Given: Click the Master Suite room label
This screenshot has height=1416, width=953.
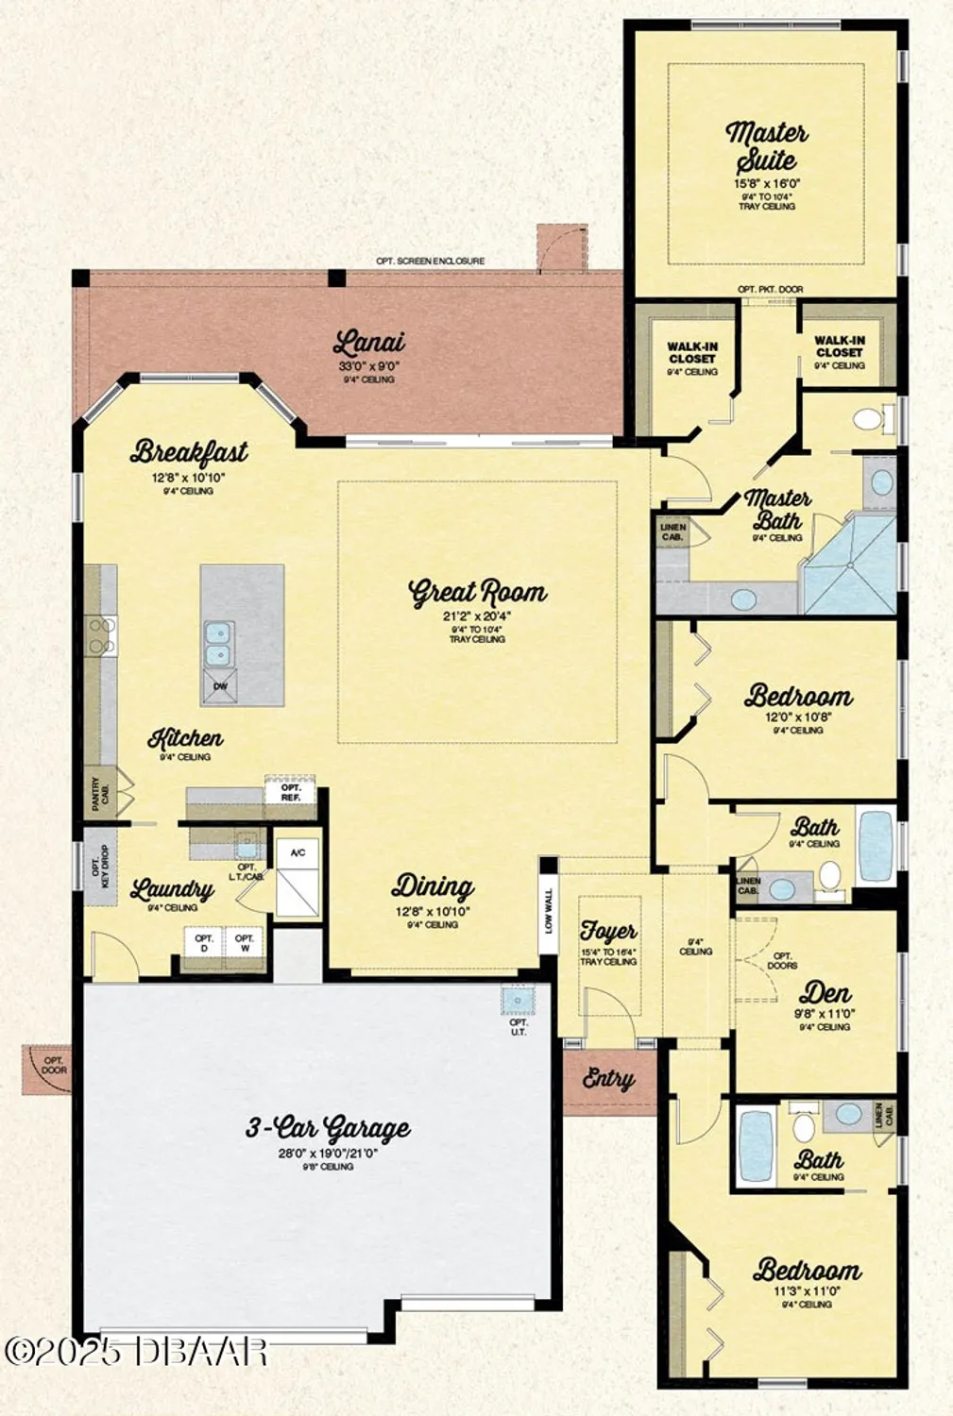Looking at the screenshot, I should [x=766, y=146].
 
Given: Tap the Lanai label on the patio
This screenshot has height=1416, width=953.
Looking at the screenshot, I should [x=368, y=343].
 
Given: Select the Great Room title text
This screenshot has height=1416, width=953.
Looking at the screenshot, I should [x=477, y=592].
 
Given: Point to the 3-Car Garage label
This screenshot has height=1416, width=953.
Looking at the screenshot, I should [x=328, y=1127].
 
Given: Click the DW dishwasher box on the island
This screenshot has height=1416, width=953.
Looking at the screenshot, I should [x=220, y=686].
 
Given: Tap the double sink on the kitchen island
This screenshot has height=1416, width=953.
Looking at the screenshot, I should [x=217, y=644].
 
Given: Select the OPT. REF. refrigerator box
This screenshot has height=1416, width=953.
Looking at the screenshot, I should [x=290, y=792].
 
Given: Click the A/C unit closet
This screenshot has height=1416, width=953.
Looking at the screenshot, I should [x=298, y=853].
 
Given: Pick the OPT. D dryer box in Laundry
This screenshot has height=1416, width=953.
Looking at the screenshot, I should [x=204, y=943].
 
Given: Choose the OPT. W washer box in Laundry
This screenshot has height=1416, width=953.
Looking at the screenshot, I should [x=245, y=943].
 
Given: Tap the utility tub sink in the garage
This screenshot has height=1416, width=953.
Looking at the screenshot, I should [x=518, y=999].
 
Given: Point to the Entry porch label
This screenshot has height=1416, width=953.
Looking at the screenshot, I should [x=608, y=1078].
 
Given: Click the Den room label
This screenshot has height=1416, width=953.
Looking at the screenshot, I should [x=825, y=993].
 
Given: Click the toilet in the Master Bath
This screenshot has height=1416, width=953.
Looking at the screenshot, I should [x=871, y=418].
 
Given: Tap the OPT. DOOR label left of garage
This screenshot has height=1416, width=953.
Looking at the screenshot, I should [x=54, y=1065].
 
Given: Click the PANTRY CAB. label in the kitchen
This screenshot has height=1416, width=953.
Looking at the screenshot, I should [x=99, y=793].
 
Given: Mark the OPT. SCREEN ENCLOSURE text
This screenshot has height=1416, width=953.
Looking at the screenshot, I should [x=430, y=261].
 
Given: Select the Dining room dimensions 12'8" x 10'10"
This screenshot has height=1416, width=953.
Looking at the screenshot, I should [x=432, y=912].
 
